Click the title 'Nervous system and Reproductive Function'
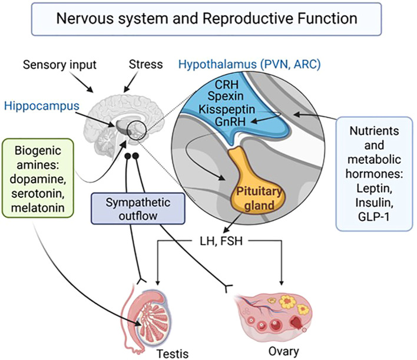(x=207, y=19)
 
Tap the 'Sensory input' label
(x=59, y=65)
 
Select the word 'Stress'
(x=145, y=64)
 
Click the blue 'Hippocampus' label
(x=42, y=106)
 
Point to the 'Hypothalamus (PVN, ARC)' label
(x=250, y=64)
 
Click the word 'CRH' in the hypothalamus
(x=227, y=85)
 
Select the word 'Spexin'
(x=226, y=96)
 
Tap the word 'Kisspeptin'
(x=227, y=110)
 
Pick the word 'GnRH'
(x=230, y=121)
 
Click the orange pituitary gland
(x=255, y=186)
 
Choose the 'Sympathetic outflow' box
(x=138, y=209)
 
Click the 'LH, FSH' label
(x=221, y=241)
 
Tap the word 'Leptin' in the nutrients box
(x=374, y=189)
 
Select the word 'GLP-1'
(x=373, y=217)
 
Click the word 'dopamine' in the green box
(x=38, y=179)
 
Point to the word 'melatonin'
(x=38, y=208)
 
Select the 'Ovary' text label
(x=283, y=352)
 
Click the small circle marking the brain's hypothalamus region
(x=137, y=130)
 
